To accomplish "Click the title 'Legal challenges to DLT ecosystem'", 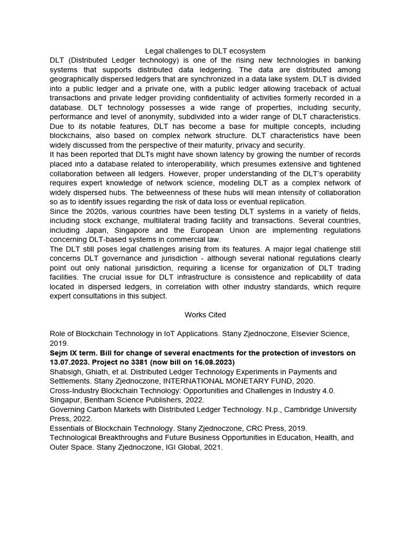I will point(205,51).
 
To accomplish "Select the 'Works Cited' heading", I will point(205,315).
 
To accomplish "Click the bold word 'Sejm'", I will point(59,353).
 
